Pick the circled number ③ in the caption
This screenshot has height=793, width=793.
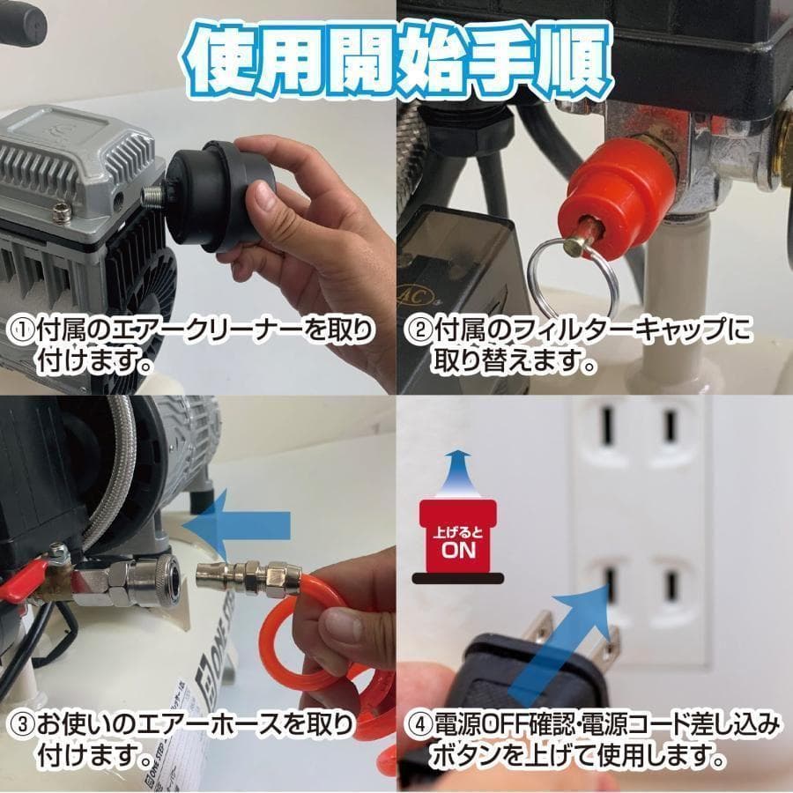point(19,727)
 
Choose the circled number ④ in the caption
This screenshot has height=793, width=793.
point(418,727)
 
